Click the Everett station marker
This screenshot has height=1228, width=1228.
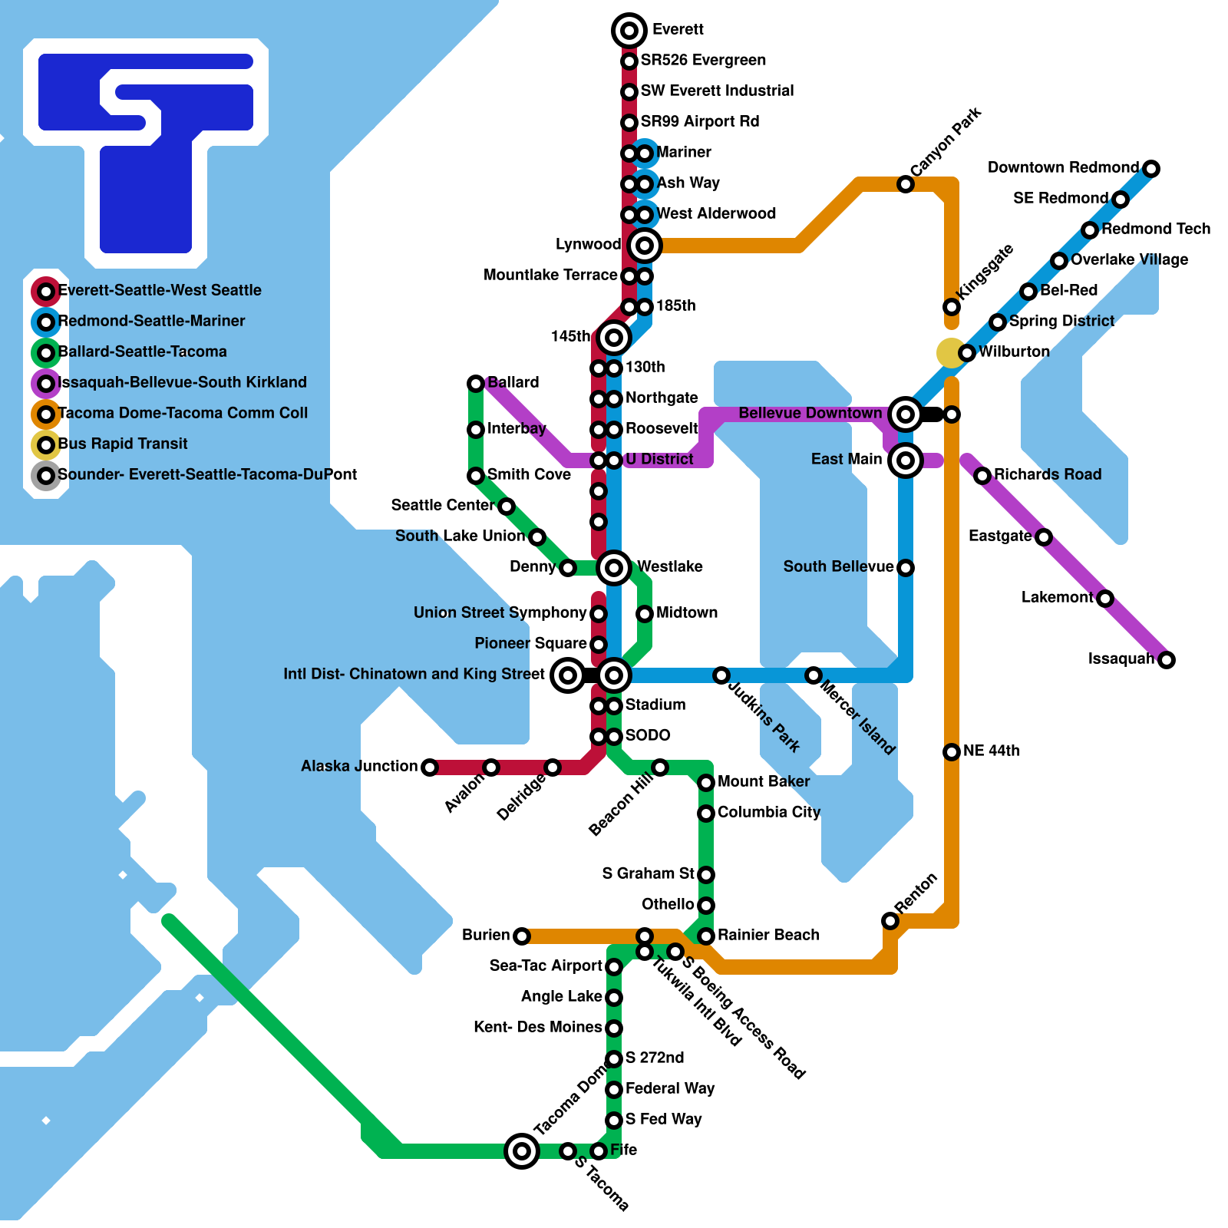[629, 31]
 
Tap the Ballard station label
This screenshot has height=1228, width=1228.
[513, 382]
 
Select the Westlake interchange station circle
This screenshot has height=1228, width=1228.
[614, 568]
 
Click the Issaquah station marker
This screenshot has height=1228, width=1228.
[1167, 660]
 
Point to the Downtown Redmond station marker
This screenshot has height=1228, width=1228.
[1151, 169]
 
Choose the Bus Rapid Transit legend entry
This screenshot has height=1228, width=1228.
[123, 444]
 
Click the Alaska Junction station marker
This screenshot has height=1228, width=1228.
[430, 767]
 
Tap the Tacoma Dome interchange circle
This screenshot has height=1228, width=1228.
[522, 1151]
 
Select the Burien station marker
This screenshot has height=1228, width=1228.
[522, 936]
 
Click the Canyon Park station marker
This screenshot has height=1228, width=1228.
[906, 184]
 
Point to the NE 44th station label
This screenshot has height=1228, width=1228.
[992, 751]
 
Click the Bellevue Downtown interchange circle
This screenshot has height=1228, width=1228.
[906, 414]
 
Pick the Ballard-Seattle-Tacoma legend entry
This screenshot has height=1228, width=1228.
[142, 352]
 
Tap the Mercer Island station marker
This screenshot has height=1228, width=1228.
[814, 675]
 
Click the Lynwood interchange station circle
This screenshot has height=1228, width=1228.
[645, 246]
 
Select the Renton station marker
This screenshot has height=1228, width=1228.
[890, 921]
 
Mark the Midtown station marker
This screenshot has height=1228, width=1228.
[645, 614]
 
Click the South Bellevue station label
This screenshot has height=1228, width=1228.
[838, 566]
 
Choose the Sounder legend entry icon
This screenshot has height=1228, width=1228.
[46, 476]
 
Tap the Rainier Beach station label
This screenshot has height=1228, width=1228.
[768, 935]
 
